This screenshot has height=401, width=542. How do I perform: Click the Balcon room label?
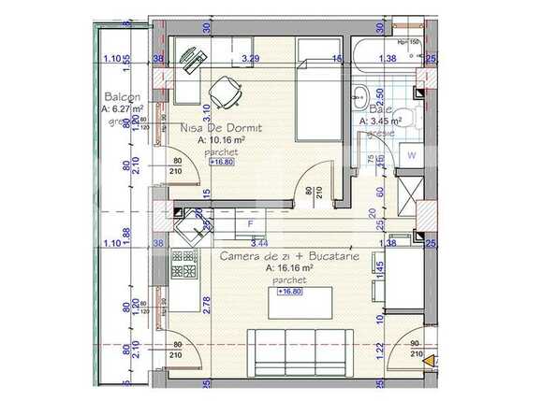coord(123,97)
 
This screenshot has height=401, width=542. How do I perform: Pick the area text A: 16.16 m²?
coord(283,266)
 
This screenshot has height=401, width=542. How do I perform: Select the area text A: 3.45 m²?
coord(380,121)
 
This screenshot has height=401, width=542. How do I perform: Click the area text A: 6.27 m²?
coord(122,108)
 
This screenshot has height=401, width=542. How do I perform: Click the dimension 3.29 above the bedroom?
coord(250,58)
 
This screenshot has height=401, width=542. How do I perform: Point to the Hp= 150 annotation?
coord(409,42)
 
